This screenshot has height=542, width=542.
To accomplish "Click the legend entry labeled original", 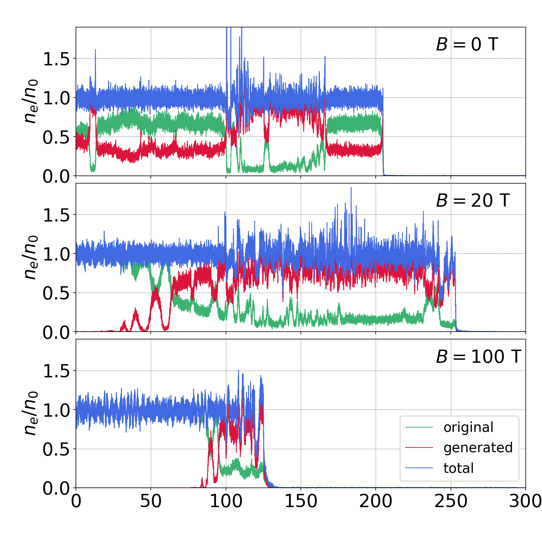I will pyautogui.click(x=468, y=428).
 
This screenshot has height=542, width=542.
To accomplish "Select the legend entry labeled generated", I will pyautogui.click(x=478, y=448).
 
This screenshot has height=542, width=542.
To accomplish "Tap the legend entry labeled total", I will pyautogui.click(x=459, y=468).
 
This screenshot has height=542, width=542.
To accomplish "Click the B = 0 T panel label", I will pyautogui.click(x=467, y=44).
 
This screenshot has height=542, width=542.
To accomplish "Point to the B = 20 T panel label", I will pyautogui.click(x=473, y=201).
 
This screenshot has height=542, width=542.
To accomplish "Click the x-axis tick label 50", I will pyautogui.click(x=151, y=501).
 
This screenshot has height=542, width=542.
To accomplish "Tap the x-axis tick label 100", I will pyautogui.click(x=226, y=501).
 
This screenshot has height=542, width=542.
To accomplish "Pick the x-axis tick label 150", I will pyautogui.click(x=301, y=501).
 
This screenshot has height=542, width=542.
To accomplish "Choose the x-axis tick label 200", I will pyautogui.click(x=376, y=501).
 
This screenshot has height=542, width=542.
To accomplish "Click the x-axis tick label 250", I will pyautogui.click(x=451, y=501).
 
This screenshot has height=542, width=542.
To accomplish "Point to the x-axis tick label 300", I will pyautogui.click(x=525, y=501).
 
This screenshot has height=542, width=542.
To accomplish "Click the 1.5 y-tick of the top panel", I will pyautogui.click(x=56, y=59).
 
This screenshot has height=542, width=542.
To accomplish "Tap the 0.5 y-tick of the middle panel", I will pyautogui.click(x=56, y=293).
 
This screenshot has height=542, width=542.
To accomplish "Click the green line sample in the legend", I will pyautogui.click(x=419, y=428).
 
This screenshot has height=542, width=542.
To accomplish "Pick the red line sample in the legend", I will pyautogui.click(x=419, y=448).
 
